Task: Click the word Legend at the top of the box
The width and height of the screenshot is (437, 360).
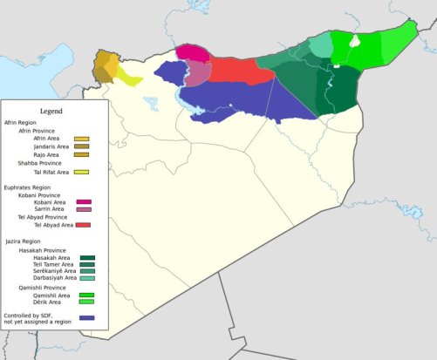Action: click(52, 112)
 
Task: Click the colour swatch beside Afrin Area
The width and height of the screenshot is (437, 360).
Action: click(82, 139)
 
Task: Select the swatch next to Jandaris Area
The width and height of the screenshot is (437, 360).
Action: click(82, 146)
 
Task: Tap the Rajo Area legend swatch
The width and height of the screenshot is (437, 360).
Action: click(82, 154)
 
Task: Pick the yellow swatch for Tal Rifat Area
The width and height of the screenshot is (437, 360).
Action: click(82, 173)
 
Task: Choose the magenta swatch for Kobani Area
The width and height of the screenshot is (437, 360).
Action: click(84, 201)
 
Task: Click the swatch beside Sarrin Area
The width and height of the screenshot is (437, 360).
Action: click(84, 209)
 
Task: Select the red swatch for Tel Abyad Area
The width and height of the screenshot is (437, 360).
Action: click(84, 225)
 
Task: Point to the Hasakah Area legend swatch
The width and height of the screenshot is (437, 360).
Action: click(87, 258)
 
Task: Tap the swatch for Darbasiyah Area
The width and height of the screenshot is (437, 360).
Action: click(87, 278)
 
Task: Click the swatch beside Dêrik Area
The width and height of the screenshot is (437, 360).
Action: click(87, 302)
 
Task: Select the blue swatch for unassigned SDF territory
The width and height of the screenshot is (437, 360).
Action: click(87, 318)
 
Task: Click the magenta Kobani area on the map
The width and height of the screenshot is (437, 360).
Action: click(194, 52)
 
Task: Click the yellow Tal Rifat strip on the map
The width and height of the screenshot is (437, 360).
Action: click(129, 77)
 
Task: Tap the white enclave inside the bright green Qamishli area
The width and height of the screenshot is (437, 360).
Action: click(354, 40)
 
